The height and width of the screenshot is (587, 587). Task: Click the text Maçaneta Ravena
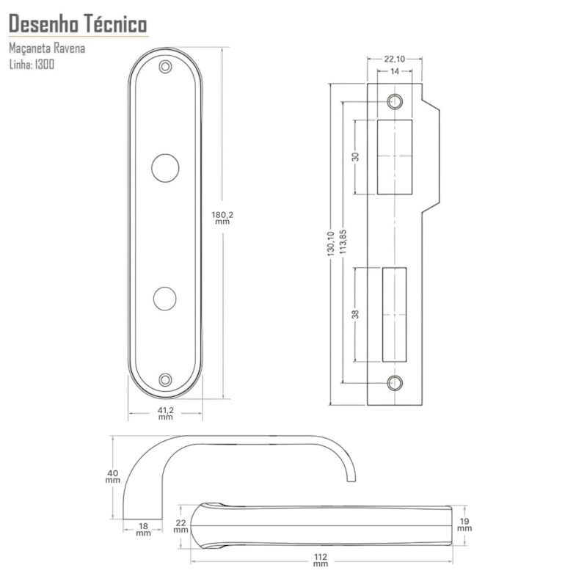point(47,48)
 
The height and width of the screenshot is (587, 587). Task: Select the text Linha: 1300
point(32,65)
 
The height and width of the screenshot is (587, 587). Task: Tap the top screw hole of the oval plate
point(165,67)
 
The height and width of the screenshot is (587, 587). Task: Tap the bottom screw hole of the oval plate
point(165,380)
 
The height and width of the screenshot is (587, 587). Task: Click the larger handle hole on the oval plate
point(165,168)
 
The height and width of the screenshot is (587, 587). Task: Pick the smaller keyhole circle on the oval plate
point(164,299)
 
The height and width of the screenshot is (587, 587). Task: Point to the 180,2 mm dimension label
point(222,217)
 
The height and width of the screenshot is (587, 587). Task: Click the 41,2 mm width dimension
point(166,413)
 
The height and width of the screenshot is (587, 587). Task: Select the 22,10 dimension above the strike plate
point(395,59)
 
